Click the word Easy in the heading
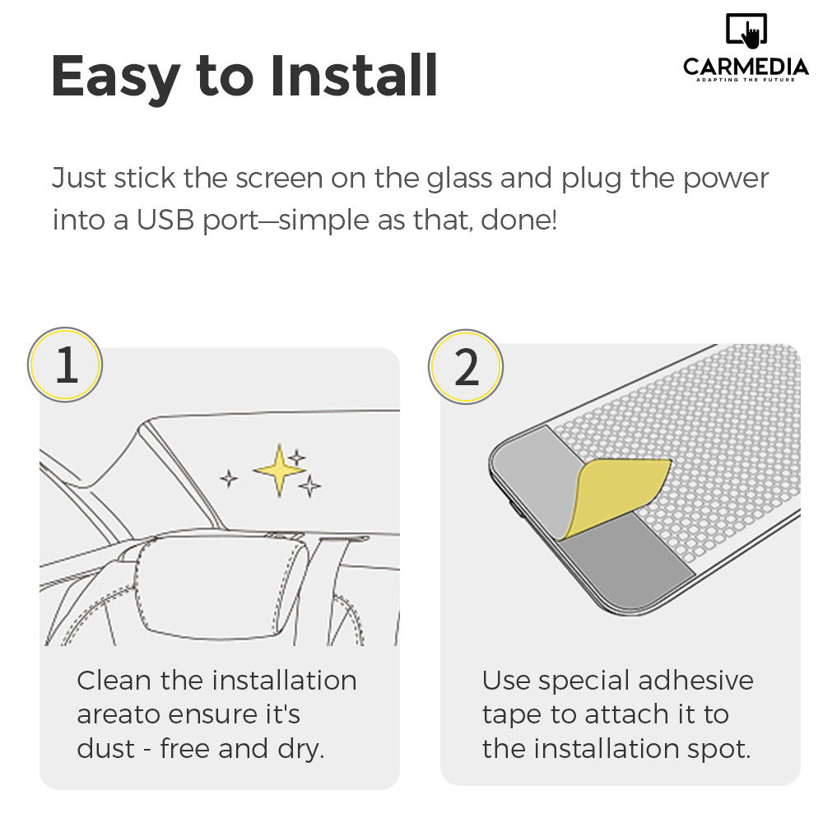(x=115, y=77)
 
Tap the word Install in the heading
(x=354, y=75)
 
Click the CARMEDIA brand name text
(x=746, y=67)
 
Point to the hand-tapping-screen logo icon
(x=746, y=30)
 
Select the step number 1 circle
(x=65, y=365)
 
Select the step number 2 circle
(x=466, y=366)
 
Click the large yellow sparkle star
(x=279, y=470)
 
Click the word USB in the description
(x=165, y=220)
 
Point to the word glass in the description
(x=459, y=178)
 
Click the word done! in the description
(x=518, y=220)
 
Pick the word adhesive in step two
(x=696, y=681)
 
